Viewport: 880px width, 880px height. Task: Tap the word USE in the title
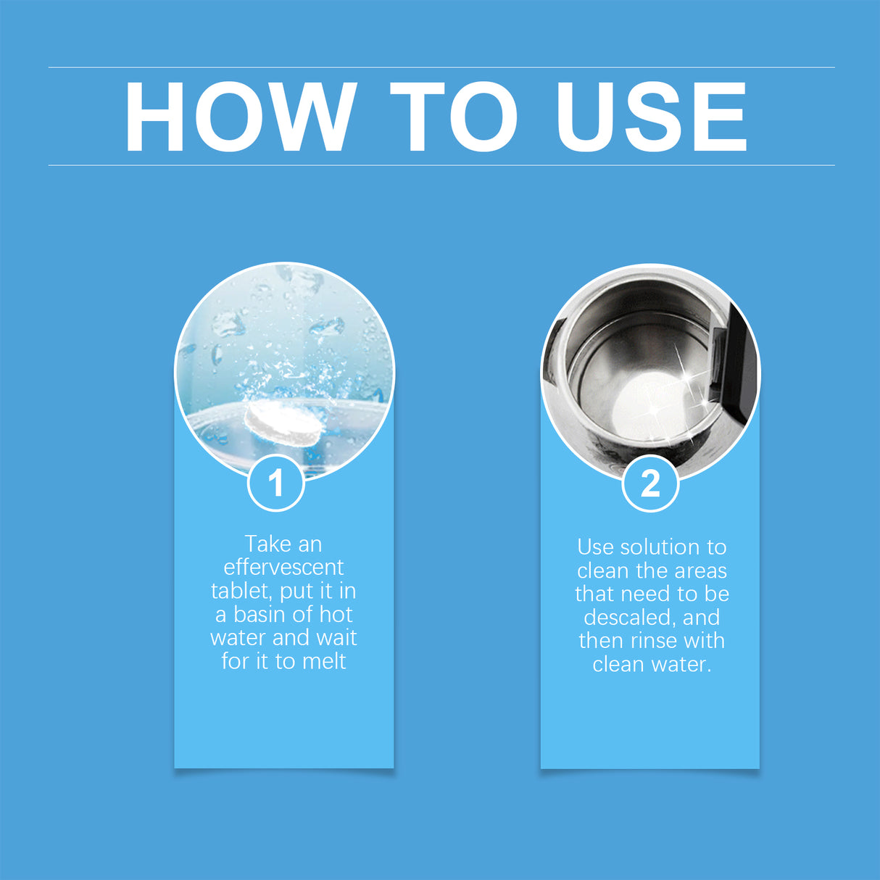pyautogui.click(x=651, y=117)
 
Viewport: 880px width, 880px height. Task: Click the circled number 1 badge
pyautogui.click(x=275, y=483)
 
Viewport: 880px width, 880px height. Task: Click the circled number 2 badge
pyautogui.click(x=650, y=483)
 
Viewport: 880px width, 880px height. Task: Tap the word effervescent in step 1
pyautogui.click(x=283, y=567)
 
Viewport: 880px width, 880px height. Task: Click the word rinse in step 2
pyautogui.click(x=654, y=641)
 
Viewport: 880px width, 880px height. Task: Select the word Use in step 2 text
pyautogui.click(x=595, y=547)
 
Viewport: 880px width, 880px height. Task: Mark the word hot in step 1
pyautogui.click(x=336, y=615)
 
